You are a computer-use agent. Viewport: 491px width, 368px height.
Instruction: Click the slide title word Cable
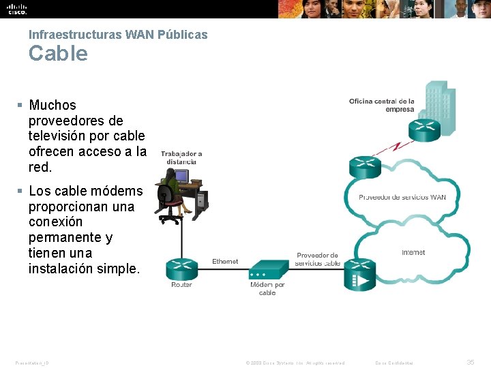pos(58,53)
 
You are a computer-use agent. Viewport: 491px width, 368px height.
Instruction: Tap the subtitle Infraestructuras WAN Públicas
pos(118,34)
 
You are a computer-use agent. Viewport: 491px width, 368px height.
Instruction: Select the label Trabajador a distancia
pos(181,158)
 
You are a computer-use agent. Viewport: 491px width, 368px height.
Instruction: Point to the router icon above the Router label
pos(181,268)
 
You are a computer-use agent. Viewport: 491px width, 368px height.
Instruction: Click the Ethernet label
pos(225,261)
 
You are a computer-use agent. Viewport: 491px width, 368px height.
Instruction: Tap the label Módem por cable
pos(267,288)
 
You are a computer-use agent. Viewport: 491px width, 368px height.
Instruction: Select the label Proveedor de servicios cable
pos(317,259)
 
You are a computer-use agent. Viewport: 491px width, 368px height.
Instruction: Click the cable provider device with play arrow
pos(359,274)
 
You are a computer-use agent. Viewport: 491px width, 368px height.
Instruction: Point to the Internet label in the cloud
pos(413,252)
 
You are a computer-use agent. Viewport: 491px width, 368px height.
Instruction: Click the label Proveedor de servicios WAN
pos(402,198)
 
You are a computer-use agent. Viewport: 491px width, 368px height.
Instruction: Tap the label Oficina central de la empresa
pos(382,105)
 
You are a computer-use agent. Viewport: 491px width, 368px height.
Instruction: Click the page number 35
pos(470,363)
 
